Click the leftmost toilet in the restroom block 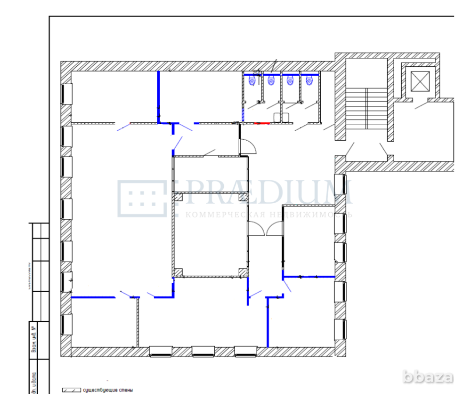[252, 81]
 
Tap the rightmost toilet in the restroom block [309, 81]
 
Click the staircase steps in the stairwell [366, 109]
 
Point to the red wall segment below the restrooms [261, 123]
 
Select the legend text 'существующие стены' [107, 390]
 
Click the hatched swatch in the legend [71, 390]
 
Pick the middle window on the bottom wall [203, 351]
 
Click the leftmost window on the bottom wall [161, 351]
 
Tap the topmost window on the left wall [66, 94]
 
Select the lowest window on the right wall [340, 329]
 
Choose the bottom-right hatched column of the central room [243, 271]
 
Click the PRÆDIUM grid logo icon [142, 198]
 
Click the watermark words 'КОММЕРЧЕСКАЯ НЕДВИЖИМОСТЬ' [268, 215]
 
